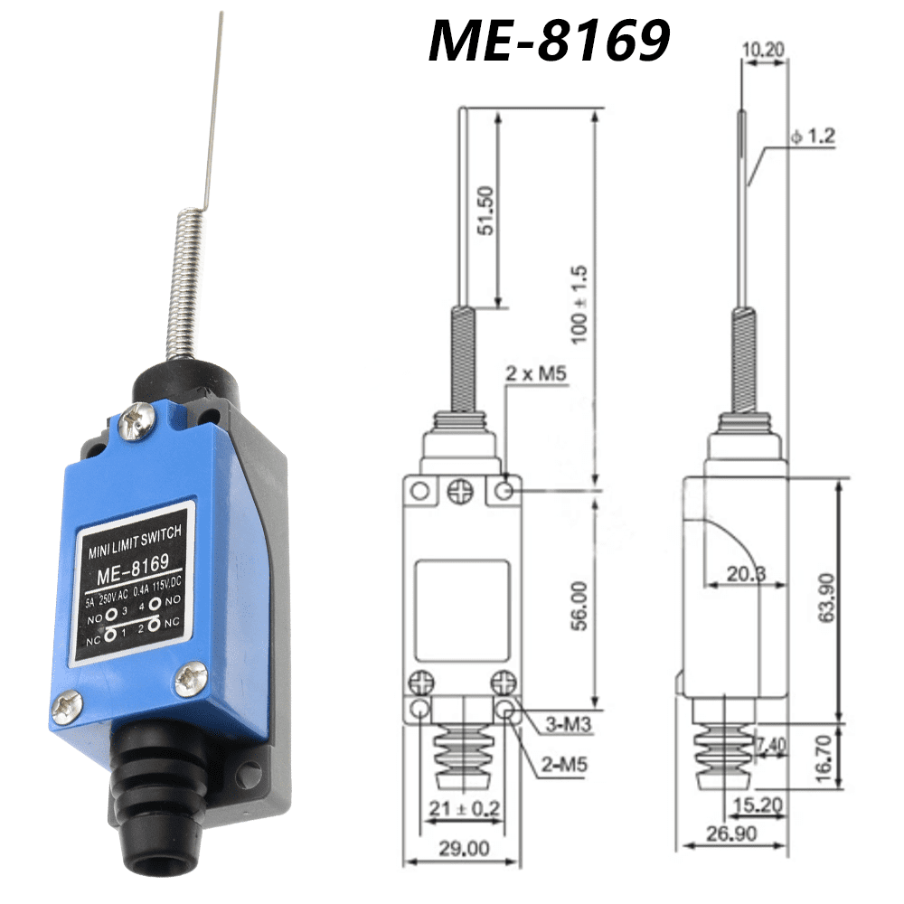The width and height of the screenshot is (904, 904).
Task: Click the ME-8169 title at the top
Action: coord(549,41)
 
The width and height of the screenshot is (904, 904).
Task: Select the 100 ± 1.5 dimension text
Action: coord(579,303)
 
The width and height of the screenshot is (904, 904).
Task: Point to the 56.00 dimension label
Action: coord(579,605)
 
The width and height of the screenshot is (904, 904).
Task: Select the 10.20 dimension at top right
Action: coord(763,47)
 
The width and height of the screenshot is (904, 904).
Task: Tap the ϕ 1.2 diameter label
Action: coord(812,137)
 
